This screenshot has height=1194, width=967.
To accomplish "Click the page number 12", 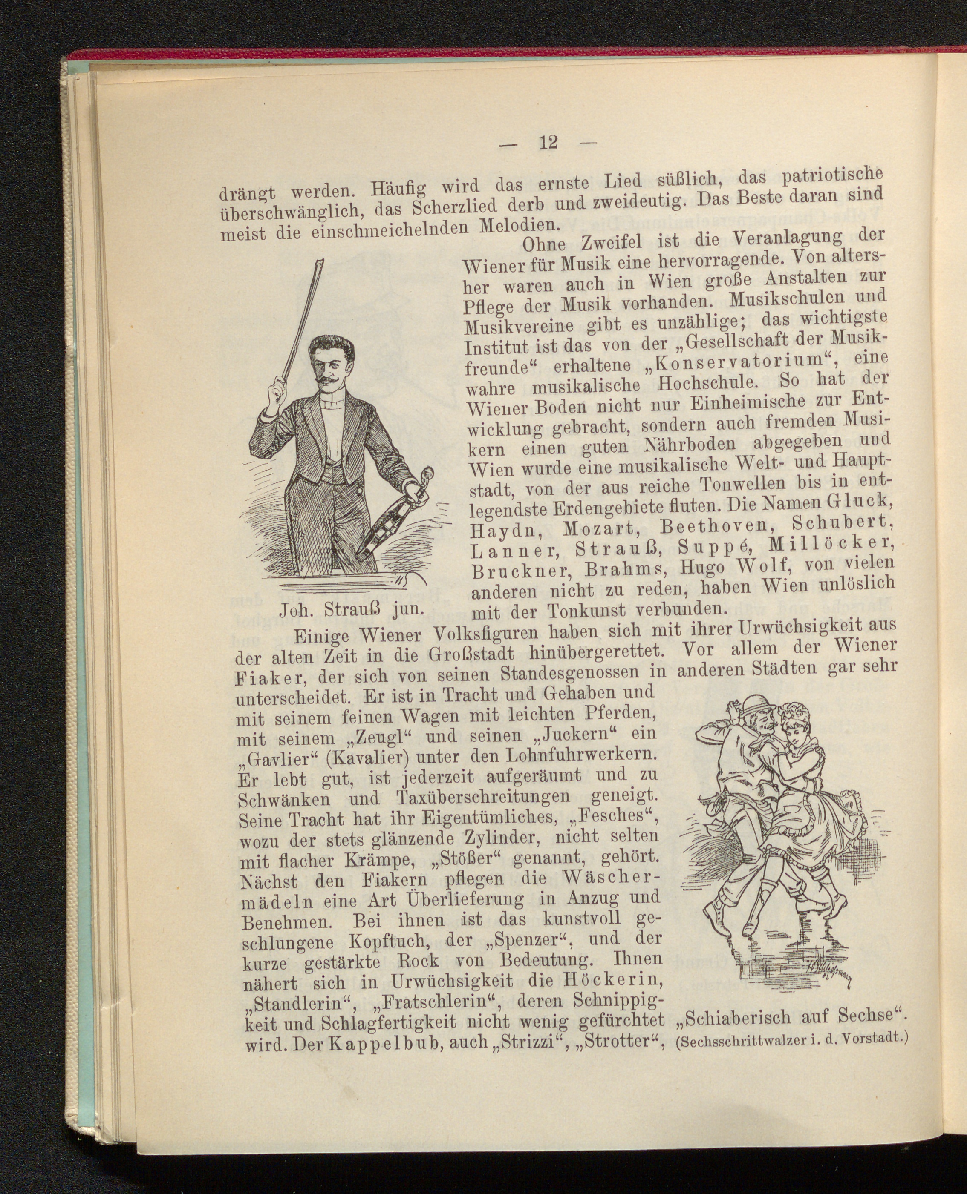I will pyautogui.click(x=548, y=143).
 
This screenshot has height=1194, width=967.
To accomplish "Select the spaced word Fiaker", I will pyautogui.click(x=270, y=679).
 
